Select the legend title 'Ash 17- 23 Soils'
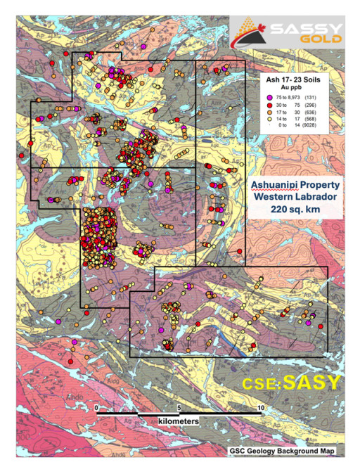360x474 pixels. [288, 79]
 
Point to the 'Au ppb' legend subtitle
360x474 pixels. [288, 87]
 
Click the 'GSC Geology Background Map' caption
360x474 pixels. [278, 449]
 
